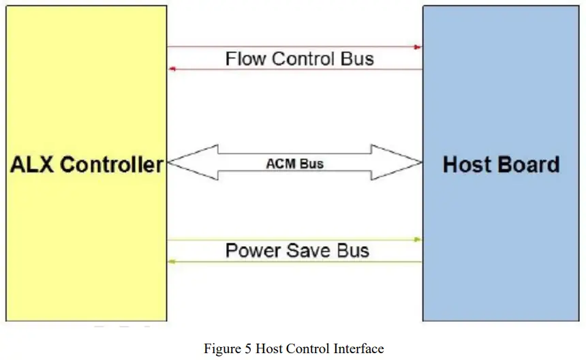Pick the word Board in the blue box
529,164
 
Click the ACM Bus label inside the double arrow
294,164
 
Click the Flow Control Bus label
300,59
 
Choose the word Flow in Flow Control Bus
246,59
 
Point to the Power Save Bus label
297,250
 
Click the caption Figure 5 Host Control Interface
294,348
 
